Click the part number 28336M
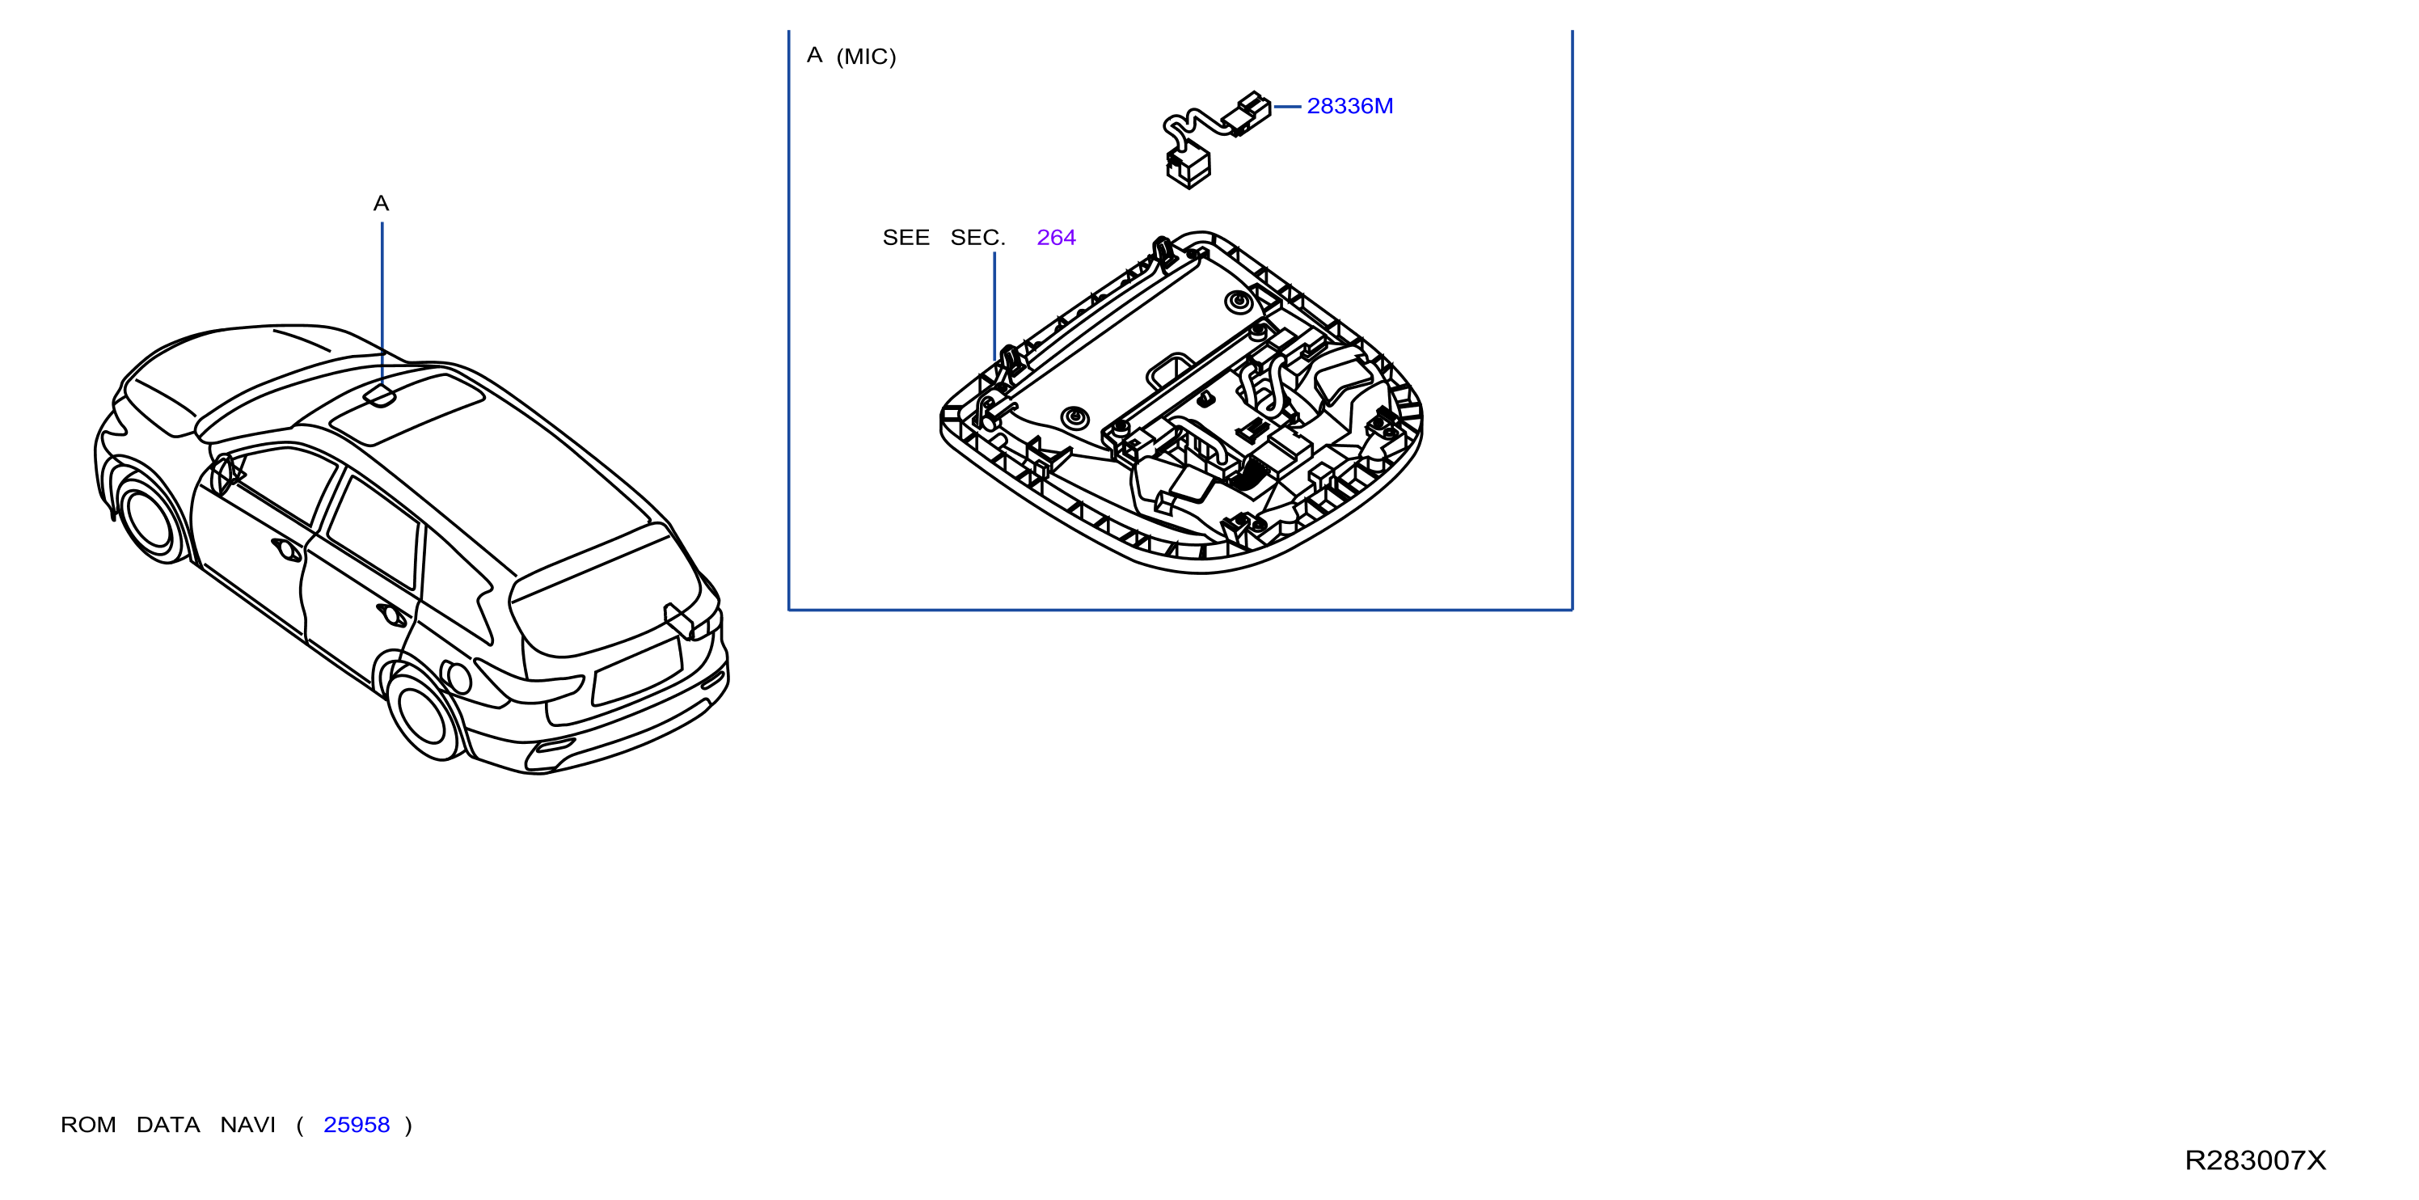point(1349,106)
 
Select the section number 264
point(1056,238)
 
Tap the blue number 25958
point(356,1125)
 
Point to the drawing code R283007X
point(2255,1160)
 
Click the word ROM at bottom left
point(88,1125)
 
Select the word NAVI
point(248,1125)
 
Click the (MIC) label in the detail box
point(866,57)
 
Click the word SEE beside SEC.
point(906,238)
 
